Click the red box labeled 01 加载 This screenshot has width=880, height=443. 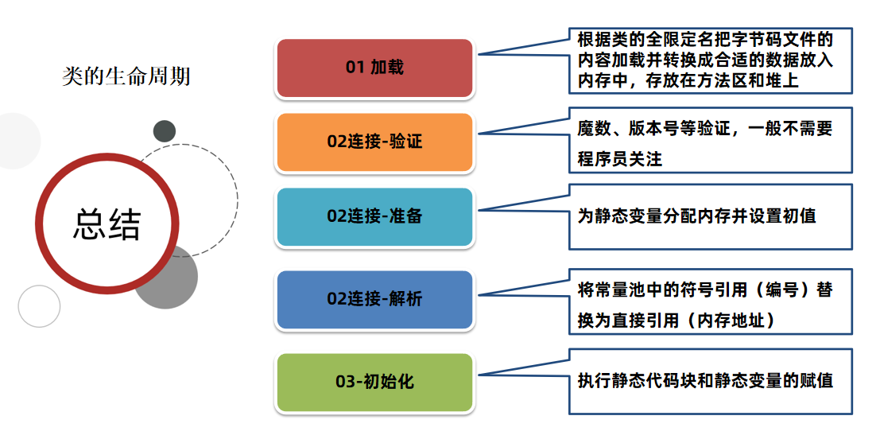pos(374,68)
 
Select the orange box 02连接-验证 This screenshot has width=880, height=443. pos(374,142)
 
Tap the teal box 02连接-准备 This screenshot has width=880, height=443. pos(374,216)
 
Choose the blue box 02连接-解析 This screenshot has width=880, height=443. pos(374,299)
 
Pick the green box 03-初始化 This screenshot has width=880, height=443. pos(374,382)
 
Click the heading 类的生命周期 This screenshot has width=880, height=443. pos(126,76)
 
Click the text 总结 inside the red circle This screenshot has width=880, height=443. pos(107,224)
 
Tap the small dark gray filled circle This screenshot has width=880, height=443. pos(165,131)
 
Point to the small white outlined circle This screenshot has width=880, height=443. pos(39,306)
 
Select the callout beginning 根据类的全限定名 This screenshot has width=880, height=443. pos(710,60)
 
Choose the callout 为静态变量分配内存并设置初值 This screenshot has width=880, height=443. pos(710,216)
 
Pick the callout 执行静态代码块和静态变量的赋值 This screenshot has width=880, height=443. pos(710,381)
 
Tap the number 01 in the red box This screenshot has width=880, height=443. pos(355,68)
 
